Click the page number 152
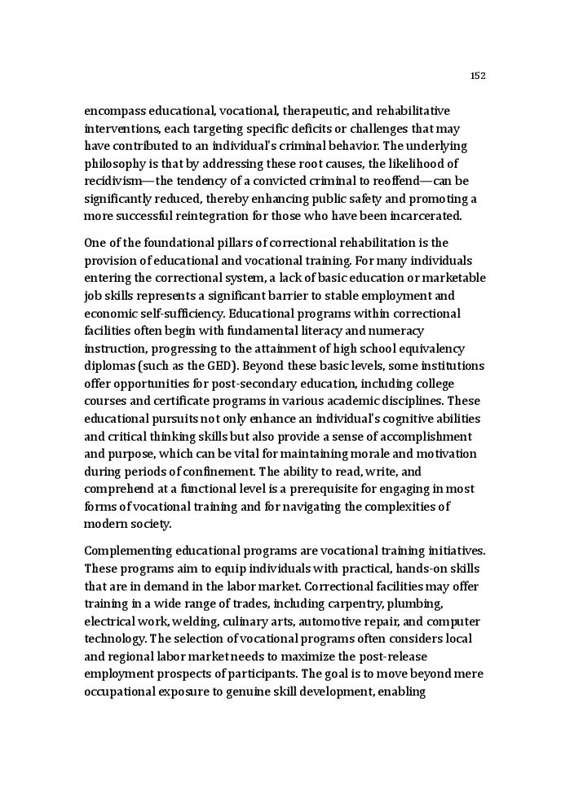pyautogui.click(x=478, y=76)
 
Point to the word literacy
pyautogui.click(x=324, y=331)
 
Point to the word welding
pyautogui.click(x=192, y=621)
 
